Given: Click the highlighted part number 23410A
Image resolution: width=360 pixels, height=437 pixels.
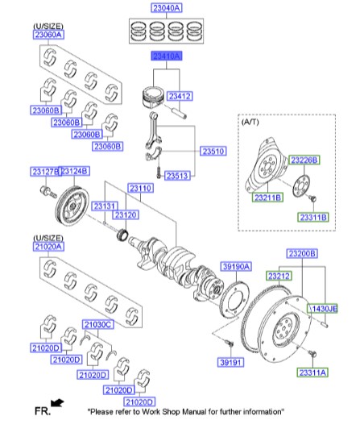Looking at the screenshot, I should [163, 56].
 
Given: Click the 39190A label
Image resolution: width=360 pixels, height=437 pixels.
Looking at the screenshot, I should [237, 265].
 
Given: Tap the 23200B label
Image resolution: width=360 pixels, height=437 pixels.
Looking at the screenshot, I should [301, 252].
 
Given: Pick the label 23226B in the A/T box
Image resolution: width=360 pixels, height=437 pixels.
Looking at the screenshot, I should [304, 160].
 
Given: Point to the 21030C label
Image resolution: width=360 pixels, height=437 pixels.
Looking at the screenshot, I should [98, 324].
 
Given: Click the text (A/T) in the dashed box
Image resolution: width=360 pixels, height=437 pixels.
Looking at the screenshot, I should [250, 123].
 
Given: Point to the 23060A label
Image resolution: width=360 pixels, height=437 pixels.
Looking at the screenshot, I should [49, 35].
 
